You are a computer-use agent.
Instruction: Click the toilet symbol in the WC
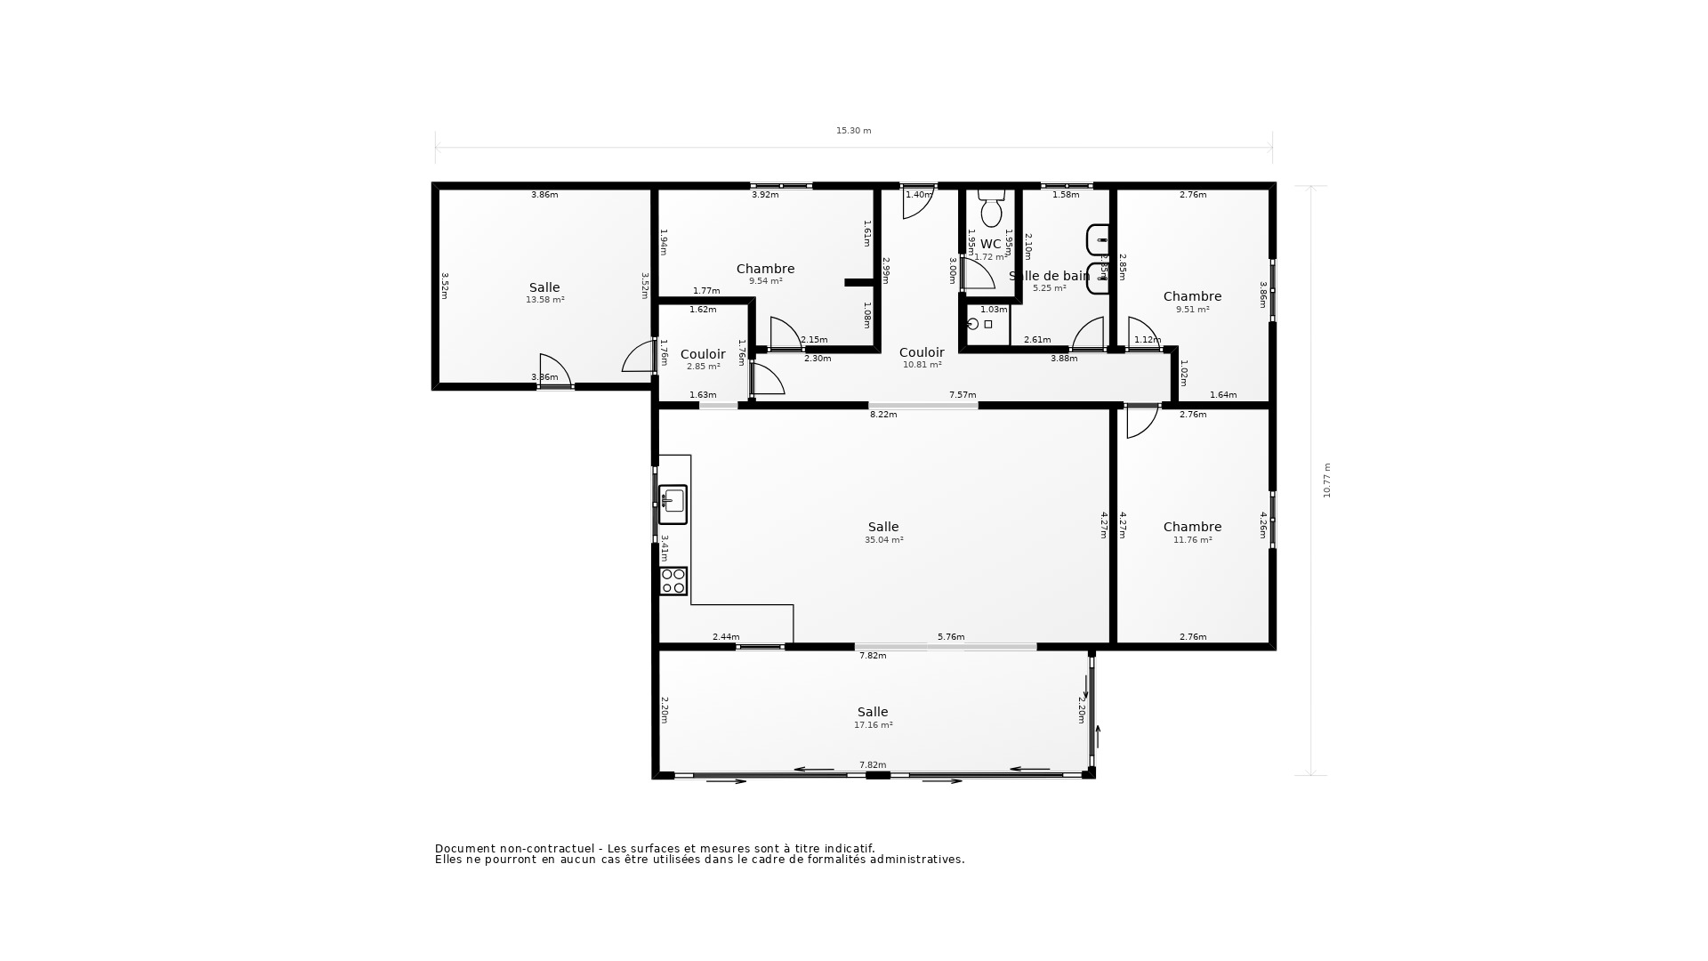pyautogui.click(x=991, y=209)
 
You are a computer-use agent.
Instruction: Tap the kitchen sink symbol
pyautogui.click(x=673, y=504)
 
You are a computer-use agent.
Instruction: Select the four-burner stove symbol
pyautogui.click(x=673, y=581)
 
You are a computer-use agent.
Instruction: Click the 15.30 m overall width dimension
pyautogui.click(x=853, y=131)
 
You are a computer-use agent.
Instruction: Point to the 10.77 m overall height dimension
pyautogui.click(x=1326, y=480)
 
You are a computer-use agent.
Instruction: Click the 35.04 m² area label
pyautogui.click(x=883, y=540)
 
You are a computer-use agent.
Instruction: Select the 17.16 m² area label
pyautogui.click(x=873, y=725)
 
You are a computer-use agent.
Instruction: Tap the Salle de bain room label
pyautogui.click(x=1049, y=276)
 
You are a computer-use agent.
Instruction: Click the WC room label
pyautogui.click(x=990, y=244)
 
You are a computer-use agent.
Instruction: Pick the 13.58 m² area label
pyautogui.click(x=544, y=300)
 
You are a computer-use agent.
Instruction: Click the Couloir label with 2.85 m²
pyautogui.click(x=703, y=354)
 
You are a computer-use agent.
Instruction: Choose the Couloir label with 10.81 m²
pyautogui.click(x=922, y=352)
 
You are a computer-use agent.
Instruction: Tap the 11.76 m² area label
pyautogui.click(x=1192, y=540)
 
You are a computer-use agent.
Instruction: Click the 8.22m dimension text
pyautogui.click(x=883, y=415)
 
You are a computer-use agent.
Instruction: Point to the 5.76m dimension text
pyautogui.click(x=951, y=637)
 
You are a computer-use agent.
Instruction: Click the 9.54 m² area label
pyautogui.click(x=765, y=281)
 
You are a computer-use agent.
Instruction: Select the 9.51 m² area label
pyautogui.click(x=1192, y=310)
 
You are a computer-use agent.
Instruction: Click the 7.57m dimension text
pyautogui.click(x=963, y=395)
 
